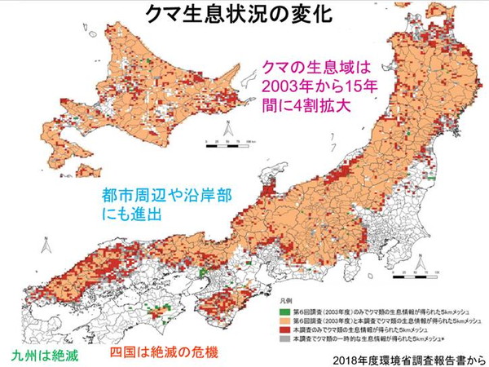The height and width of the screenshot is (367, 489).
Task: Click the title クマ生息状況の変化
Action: [244, 14]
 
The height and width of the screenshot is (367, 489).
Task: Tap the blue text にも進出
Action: [134, 216]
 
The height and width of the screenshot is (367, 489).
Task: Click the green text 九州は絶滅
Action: [46, 356]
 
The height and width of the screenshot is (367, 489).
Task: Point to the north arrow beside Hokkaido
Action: [231, 128]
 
